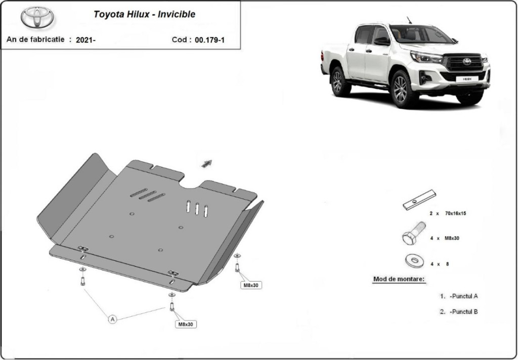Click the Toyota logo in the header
(37, 17)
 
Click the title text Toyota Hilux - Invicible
(144, 14)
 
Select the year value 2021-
(85, 40)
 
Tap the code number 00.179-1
(209, 40)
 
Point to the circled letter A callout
(113, 319)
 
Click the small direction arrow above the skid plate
(207, 163)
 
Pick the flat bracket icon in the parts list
(419, 200)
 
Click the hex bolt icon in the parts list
(414, 233)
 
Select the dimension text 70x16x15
(455, 213)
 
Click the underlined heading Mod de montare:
(399, 279)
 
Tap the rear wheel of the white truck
(338, 81)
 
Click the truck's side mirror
(382, 41)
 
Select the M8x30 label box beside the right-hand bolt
(251, 285)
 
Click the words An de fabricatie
(35, 39)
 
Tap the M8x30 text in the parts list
(451, 238)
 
